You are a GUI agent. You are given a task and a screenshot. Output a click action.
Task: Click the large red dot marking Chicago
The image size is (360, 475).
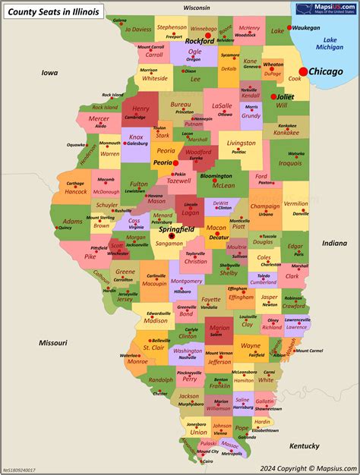[304, 71]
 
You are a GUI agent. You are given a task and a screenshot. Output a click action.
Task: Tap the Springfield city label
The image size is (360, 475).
[176, 228]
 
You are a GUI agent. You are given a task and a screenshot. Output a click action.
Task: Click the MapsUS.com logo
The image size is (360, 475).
[326, 9]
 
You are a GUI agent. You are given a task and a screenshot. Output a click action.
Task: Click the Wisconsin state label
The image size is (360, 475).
[196, 7]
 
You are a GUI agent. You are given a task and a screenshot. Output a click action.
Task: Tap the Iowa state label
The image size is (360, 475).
[50, 73]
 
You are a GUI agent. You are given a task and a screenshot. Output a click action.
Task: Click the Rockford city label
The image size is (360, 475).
[200, 41]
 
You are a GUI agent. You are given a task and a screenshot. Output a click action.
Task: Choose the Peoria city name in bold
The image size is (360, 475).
[162, 162]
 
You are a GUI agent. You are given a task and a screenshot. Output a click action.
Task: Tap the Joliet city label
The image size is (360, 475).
[285, 97]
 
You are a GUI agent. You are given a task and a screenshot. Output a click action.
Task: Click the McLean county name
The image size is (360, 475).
[223, 184]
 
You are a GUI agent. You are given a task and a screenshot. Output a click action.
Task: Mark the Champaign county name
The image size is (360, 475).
[264, 206]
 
